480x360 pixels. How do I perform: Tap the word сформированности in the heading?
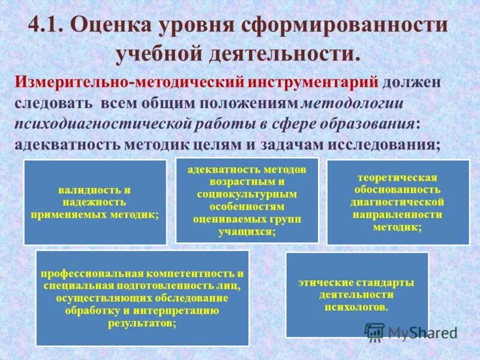pyautogui.click(x=344, y=25)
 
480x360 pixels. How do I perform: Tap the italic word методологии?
pyautogui.click(x=352, y=103)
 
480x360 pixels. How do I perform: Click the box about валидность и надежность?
pyautogui.click(x=95, y=202)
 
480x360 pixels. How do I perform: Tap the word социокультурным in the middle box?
pyautogui.click(x=247, y=194)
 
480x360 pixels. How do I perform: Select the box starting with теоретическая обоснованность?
pyautogui.click(x=397, y=202)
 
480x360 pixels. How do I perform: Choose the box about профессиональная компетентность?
pyautogui.click(x=142, y=298)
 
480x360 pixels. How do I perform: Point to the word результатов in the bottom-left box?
pyautogui.click(x=142, y=322)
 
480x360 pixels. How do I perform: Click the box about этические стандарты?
pyautogui.click(x=357, y=295)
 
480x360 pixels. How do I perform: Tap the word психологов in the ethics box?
pyautogui.click(x=356, y=307)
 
